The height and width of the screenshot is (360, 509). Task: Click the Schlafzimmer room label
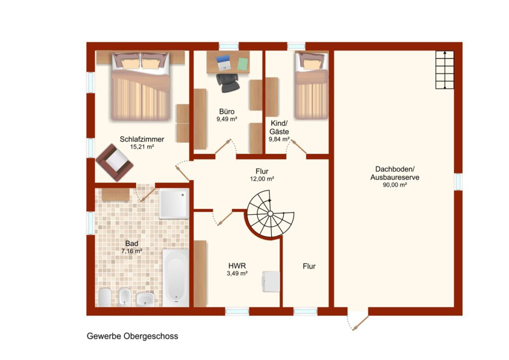tap(142, 139)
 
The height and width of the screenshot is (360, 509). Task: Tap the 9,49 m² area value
tap(227, 119)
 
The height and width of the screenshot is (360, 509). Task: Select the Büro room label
tap(227, 111)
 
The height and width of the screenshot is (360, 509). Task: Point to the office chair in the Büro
tap(228, 83)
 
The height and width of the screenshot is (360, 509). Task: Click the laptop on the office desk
tap(223, 63)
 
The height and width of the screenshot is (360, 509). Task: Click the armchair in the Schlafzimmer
tap(114, 163)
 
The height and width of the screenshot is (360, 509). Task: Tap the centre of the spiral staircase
tap(270, 213)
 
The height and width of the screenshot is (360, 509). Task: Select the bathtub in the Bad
tap(175, 278)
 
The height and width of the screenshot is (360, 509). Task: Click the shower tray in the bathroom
tap(174, 204)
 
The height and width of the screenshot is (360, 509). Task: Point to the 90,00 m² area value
tap(395, 185)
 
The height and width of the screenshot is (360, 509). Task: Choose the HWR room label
tap(237, 266)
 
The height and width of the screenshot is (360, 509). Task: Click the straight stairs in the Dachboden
tap(444, 70)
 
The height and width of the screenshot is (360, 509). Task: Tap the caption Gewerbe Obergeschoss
tap(132, 336)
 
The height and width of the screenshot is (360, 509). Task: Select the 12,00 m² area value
tap(262, 179)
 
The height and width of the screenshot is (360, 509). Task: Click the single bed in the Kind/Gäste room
tap(311, 86)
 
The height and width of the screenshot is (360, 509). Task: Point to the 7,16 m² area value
tap(132, 251)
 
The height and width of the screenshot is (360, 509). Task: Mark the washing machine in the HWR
tap(270, 281)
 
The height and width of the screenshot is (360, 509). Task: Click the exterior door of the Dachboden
tap(358, 319)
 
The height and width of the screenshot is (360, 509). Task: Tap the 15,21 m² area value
tap(142, 147)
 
